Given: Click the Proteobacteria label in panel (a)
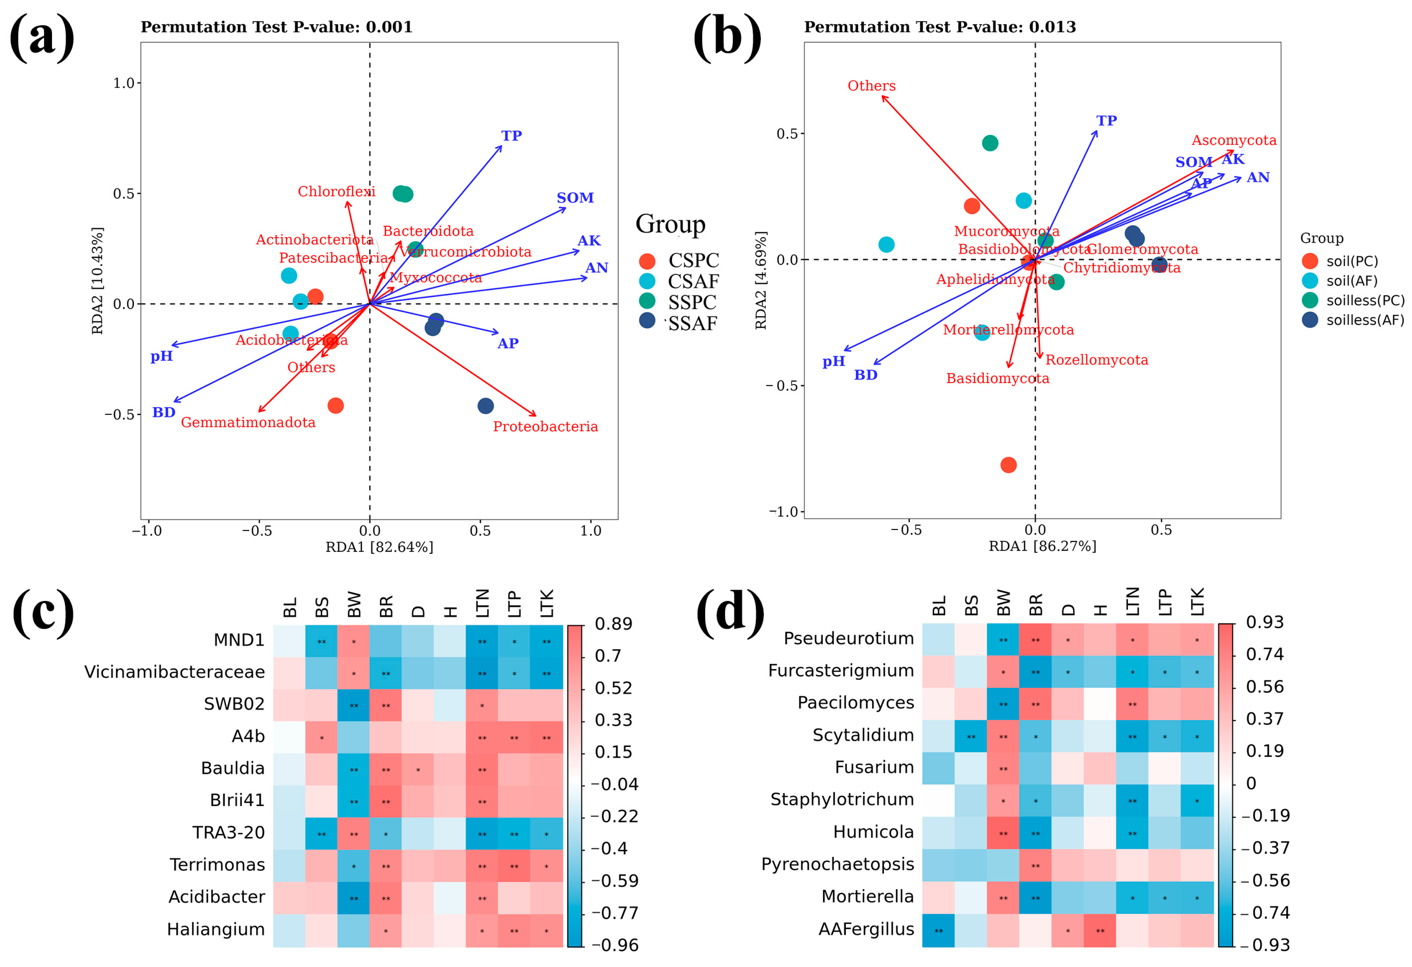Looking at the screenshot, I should (545, 426).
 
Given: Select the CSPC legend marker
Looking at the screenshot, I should (647, 261).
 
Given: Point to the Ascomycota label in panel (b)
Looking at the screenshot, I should (1234, 140).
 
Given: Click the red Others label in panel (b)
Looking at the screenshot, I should (871, 86).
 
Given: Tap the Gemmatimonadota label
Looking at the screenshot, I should (248, 422).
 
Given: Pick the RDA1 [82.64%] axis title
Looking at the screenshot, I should (379, 547).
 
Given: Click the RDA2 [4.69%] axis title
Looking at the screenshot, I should (760, 280).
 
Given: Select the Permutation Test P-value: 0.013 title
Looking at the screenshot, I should (939, 27).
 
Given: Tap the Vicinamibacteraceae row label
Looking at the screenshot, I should (174, 672).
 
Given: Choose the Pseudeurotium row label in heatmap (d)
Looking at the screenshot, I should (848, 639).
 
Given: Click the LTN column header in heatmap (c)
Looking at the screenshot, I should (482, 603).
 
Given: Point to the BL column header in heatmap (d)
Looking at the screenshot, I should (939, 606).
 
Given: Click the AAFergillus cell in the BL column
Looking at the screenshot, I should (939, 930).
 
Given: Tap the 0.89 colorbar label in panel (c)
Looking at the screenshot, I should (613, 624).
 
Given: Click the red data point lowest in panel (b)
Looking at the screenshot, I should (1008, 465).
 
